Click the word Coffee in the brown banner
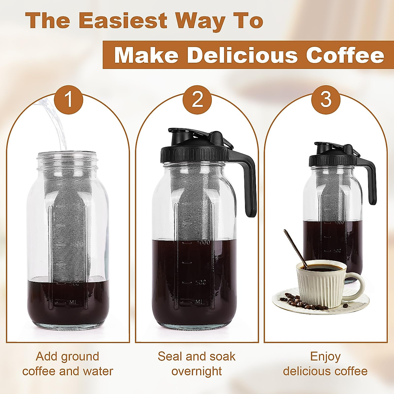click(x=345, y=55)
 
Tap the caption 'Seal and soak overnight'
click(x=197, y=364)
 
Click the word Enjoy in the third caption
click(x=325, y=357)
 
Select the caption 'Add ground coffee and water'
click(x=68, y=364)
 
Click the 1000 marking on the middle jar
click(x=204, y=243)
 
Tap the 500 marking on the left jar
click(x=74, y=284)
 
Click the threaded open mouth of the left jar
click(x=69, y=159)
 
